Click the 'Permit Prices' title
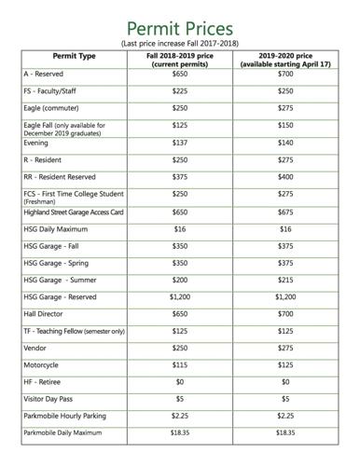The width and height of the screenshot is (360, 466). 179,25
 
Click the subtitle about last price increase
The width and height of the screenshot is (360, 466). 179,43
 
